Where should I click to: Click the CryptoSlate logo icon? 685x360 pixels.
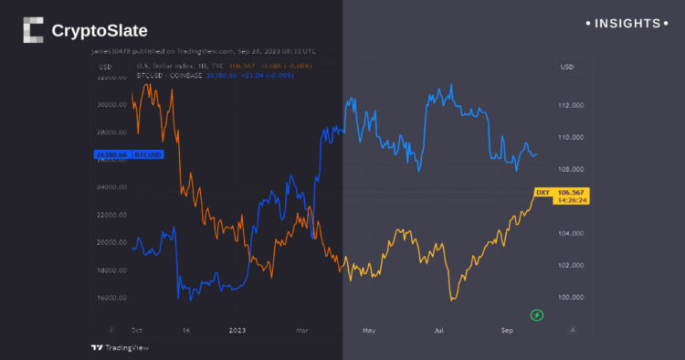pyautogui.click(x=33, y=31)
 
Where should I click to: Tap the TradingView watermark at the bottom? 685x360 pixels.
pyautogui.click(x=120, y=347)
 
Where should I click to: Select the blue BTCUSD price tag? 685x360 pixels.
pyautogui.click(x=129, y=154)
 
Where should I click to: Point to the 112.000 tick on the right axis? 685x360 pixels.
pyautogui.click(x=572, y=106)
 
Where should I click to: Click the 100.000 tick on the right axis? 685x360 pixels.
pyautogui.click(x=572, y=298)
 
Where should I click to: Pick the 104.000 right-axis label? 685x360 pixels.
pyautogui.click(x=572, y=234)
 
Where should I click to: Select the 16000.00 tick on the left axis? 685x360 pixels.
pyautogui.click(x=113, y=298)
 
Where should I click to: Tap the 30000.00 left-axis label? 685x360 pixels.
pyautogui.click(x=113, y=105)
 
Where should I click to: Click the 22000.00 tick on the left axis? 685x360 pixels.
pyautogui.click(x=113, y=216)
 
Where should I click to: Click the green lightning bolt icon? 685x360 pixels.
pyautogui.click(x=538, y=315)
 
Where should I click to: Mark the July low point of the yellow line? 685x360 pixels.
pyautogui.click(x=453, y=298)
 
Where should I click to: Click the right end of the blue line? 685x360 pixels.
pyautogui.click(x=536, y=154)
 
